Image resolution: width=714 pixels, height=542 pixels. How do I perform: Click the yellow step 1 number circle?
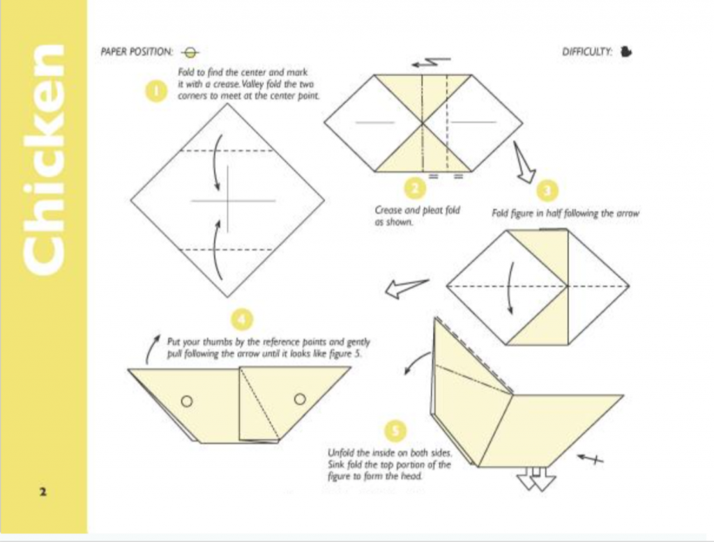point(155,91)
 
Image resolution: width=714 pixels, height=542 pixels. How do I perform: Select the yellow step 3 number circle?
point(547,191)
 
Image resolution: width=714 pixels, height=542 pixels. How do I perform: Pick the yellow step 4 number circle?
point(241,320)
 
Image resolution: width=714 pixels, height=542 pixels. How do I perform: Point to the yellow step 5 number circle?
point(396,430)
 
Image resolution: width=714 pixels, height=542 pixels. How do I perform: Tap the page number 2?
point(43,491)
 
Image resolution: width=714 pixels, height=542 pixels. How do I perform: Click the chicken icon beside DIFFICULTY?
point(626,52)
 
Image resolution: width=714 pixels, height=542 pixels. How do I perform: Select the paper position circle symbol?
point(190,53)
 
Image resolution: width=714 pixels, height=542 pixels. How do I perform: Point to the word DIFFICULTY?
point(587,52)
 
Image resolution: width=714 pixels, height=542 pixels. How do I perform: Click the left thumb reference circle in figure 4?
point(187,401)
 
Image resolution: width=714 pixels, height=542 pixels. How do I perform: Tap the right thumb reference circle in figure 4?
point(300,399)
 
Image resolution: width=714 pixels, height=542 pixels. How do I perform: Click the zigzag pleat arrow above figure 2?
point(431,63)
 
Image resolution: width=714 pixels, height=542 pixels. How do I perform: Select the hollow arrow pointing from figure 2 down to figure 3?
point(524,162)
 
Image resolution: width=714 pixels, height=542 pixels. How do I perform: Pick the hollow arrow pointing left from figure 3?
point(407,288)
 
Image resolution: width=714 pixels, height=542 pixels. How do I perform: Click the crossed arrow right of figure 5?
point(591,458)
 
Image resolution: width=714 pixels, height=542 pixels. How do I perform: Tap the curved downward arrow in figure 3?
point(510,288)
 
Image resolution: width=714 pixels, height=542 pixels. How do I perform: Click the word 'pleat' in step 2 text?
point(433,210)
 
